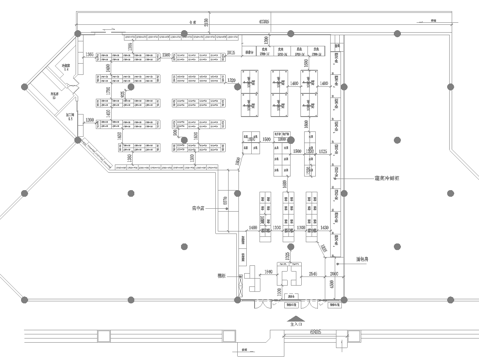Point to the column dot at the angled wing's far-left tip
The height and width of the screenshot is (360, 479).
[x=24, y=88]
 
